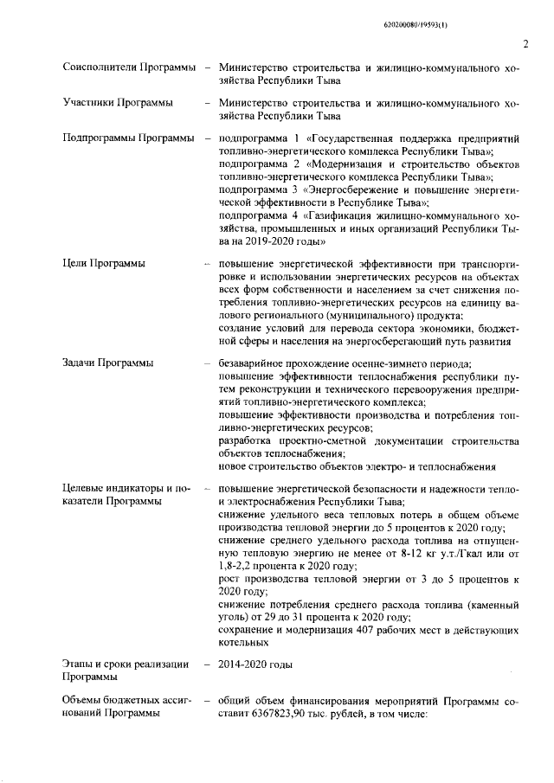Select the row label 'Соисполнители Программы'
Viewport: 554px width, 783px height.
tap(128, 67)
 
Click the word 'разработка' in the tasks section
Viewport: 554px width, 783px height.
tap(247, 441)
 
